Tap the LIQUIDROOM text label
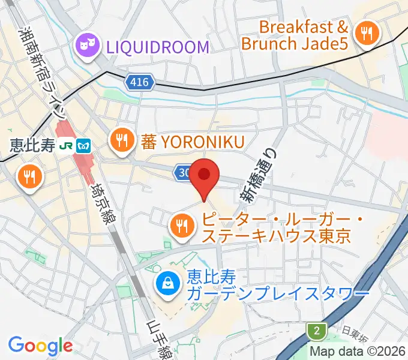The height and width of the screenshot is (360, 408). coord(157,47)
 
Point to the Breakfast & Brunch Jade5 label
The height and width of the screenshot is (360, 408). coord(295,35)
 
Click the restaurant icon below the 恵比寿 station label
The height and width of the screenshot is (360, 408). coord(28,176)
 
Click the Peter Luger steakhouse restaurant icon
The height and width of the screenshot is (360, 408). coord(181,226)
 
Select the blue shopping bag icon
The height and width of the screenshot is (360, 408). coord(167,284)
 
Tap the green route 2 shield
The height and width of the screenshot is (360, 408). coord(316,331)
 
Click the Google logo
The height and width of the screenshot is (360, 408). coord(40,345)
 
